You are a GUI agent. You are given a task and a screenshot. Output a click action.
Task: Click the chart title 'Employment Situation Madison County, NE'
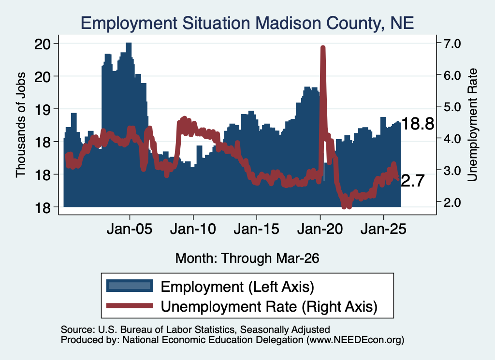[x=247, y=23]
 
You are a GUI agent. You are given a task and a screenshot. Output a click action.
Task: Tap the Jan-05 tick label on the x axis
[x=130, y=229]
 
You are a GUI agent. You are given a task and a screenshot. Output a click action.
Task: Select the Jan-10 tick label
[x=193, y=229]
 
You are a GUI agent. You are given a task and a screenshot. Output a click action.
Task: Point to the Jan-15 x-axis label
[x=256, y=229]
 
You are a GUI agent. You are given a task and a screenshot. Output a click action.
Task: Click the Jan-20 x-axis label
[x=320, y=229]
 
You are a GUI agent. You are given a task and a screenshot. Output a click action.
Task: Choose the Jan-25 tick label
[x=383, y=229]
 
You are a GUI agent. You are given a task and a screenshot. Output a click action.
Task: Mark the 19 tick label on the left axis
[x=43, y=109]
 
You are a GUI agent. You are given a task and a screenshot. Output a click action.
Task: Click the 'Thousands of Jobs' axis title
[x=20, y=125]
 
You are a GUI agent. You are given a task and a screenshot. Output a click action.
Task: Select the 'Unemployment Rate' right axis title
[x=472, y=125]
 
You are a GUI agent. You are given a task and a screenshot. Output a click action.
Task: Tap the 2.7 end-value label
[x=413, y=181]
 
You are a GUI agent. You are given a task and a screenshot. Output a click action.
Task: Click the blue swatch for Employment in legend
[x=130, y=286]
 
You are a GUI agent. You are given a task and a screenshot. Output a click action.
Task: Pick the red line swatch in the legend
[x=130, y=305]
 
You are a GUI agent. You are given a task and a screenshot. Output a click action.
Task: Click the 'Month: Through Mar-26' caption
[x=247, y=258]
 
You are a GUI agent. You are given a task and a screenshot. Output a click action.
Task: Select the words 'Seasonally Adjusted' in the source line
[x=285, y=330]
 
